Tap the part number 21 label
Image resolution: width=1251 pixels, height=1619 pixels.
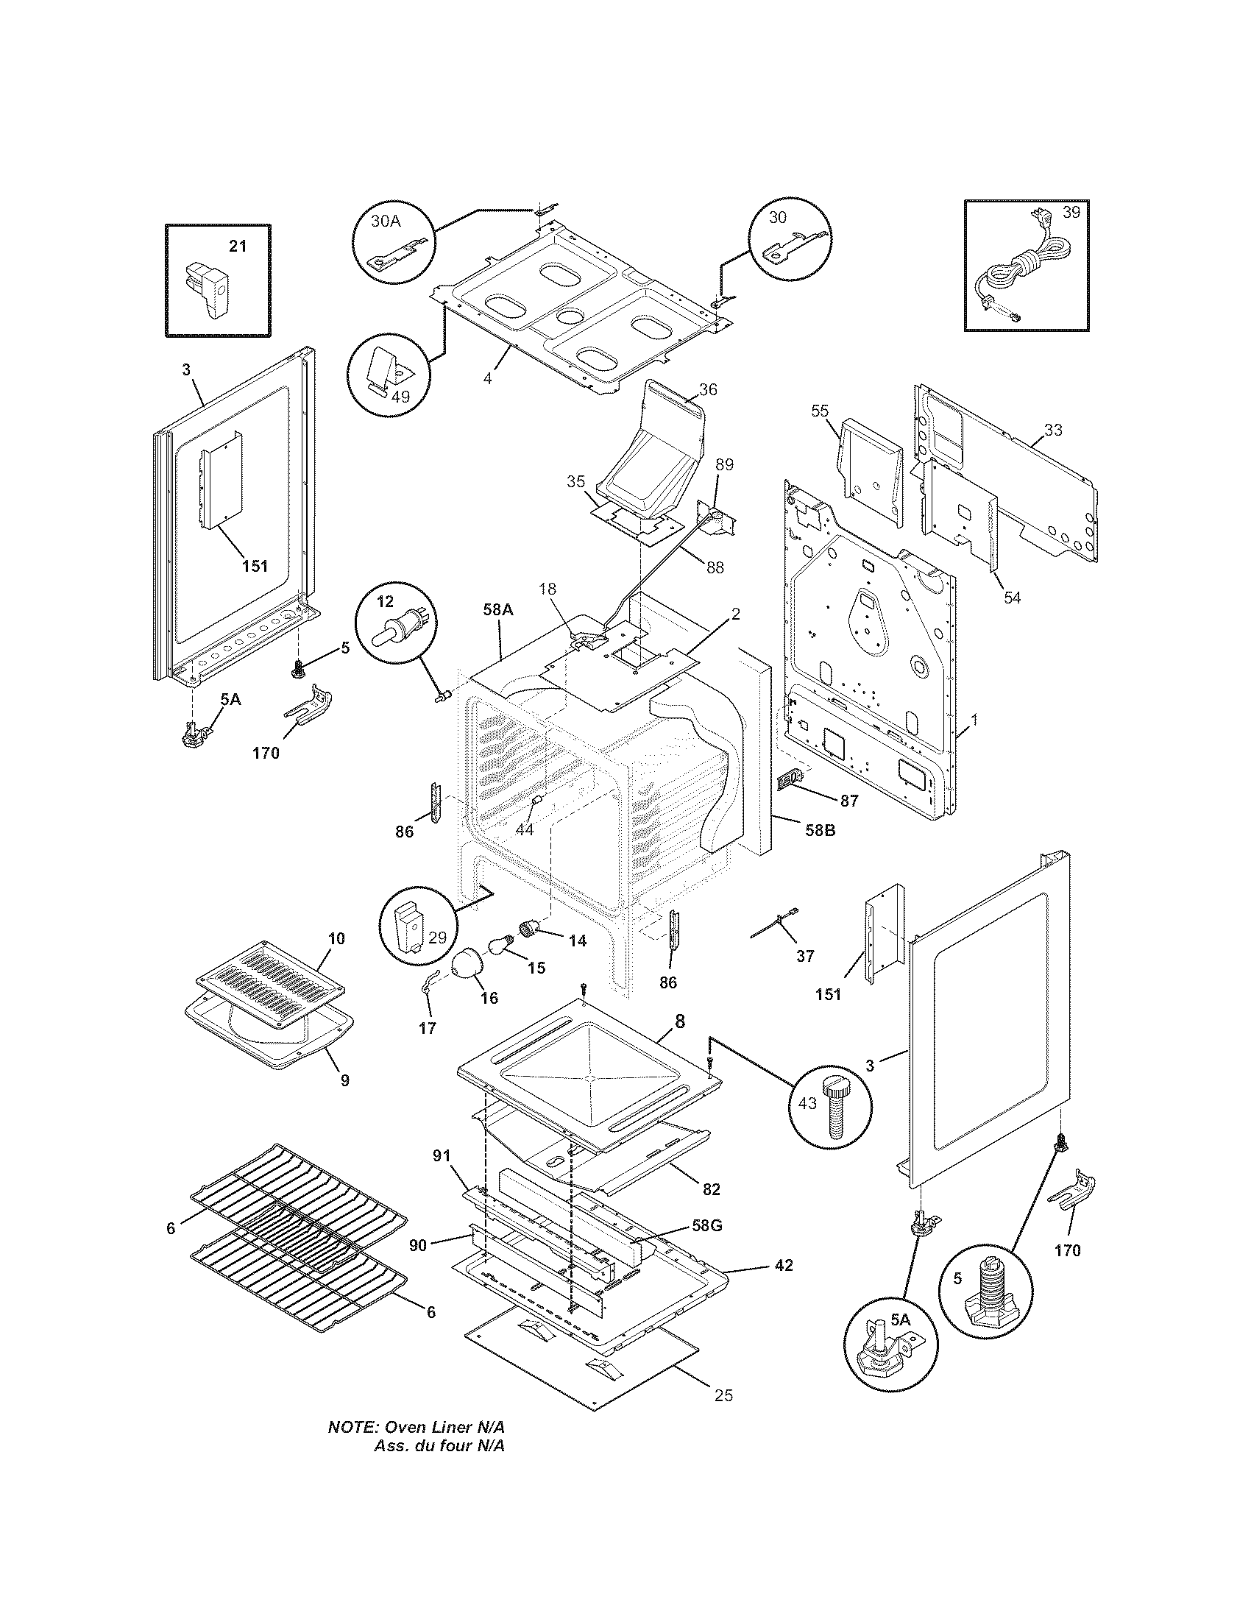pyautogui.click(x=237, y=246)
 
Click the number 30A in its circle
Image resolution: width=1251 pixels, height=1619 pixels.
pyautogui.click(x=385, y=220)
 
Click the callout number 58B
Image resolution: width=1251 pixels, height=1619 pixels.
pyautogui.click(x=820, y=830)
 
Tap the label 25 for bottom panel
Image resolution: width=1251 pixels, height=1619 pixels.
pyautogui.click(x=723, y=1396)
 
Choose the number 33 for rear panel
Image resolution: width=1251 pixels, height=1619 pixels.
pyautogui.click(x=1052, y=430)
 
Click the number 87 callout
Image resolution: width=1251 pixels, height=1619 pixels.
pyautogui.click(x=849, y=801)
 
